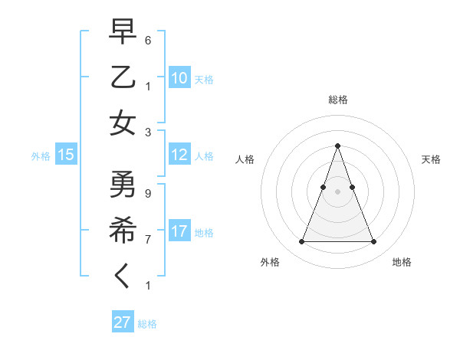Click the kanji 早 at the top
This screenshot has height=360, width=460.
[123, 31]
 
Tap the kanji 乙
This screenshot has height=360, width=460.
[123, 77]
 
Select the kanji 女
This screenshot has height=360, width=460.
[123, 123]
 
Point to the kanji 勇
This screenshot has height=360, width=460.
[123, 185]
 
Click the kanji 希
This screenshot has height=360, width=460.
[123, 231]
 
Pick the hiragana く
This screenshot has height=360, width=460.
[123, 277]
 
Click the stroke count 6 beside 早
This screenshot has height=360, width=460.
[148, 40]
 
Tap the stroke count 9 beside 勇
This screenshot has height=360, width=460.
[148, 193]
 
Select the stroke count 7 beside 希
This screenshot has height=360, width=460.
[148, 239]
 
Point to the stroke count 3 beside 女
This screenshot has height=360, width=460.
[148, 132]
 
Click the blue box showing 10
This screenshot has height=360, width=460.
[179, 78]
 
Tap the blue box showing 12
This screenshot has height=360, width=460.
[179, 155]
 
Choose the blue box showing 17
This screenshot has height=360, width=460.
[179, 231]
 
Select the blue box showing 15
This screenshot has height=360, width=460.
[66, 155]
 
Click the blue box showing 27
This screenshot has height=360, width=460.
[123, 322]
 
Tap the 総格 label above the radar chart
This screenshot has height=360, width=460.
[337, 100]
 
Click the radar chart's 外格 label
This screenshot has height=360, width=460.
[270, 262]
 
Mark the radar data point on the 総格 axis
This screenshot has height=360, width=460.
[337, 146]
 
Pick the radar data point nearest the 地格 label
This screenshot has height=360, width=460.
[373, 242]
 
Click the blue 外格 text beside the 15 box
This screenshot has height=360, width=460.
[41, 156]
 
